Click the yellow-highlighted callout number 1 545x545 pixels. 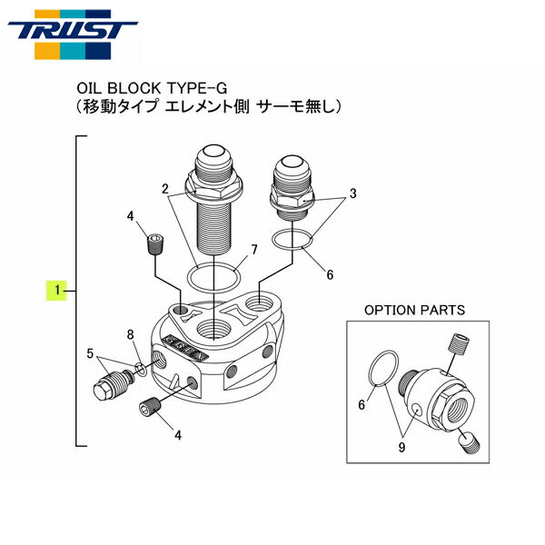(57, 291)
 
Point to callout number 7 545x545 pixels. (254, 249)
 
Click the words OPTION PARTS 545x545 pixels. (414, 310)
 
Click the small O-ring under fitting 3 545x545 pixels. (295, 241)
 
